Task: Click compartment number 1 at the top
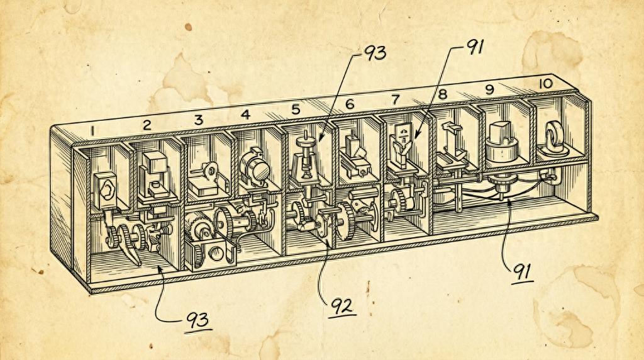click(93, 131)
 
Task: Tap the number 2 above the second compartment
click(147, 125)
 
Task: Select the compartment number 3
click(199, 120)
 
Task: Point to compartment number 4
click(246, 115)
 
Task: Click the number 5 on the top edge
click(296, 110)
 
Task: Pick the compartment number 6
click(350, 104)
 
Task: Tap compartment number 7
click(396, 99)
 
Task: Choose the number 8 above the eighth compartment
click(442, 94)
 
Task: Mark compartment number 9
click(489, 89)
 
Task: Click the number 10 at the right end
click(546, 84)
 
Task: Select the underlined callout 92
click(341, 306)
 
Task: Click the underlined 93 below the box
click(197, 320)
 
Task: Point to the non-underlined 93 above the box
click(375, 53)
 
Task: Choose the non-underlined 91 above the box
click(475, 47)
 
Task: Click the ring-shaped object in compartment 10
click(555, 140)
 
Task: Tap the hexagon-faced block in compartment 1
click(106, 191)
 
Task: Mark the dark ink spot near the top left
click(188, 27)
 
